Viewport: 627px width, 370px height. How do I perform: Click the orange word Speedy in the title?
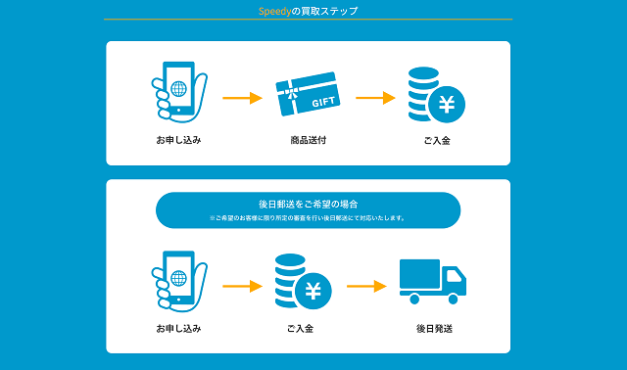coord(275,11)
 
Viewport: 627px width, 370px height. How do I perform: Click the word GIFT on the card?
coord(323,102)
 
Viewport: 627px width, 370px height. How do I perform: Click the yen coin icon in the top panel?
coord(437,96)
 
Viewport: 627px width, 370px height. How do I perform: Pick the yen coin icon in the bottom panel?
coord(304,282)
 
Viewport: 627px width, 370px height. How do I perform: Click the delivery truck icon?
coord(432,281)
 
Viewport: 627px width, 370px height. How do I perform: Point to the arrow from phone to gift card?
coord(242,98)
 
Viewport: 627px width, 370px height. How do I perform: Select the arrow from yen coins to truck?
coord(366,287)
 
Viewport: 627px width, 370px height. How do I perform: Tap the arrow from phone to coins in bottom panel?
coord(242,287)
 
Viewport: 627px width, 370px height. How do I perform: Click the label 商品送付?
coord(308,141)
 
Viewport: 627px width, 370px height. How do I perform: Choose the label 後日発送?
coord(432,329)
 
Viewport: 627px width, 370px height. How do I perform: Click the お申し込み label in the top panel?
coord(177,141)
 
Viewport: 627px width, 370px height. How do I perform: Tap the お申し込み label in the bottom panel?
coord(177,329)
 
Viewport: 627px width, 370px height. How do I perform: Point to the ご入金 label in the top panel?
coord(437,141)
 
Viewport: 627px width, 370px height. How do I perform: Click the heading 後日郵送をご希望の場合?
coord(308,204)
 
